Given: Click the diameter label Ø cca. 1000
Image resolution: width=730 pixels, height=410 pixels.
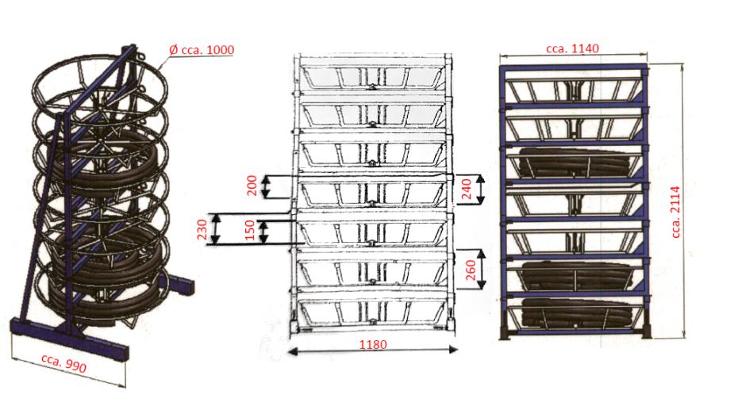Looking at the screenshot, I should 202,51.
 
